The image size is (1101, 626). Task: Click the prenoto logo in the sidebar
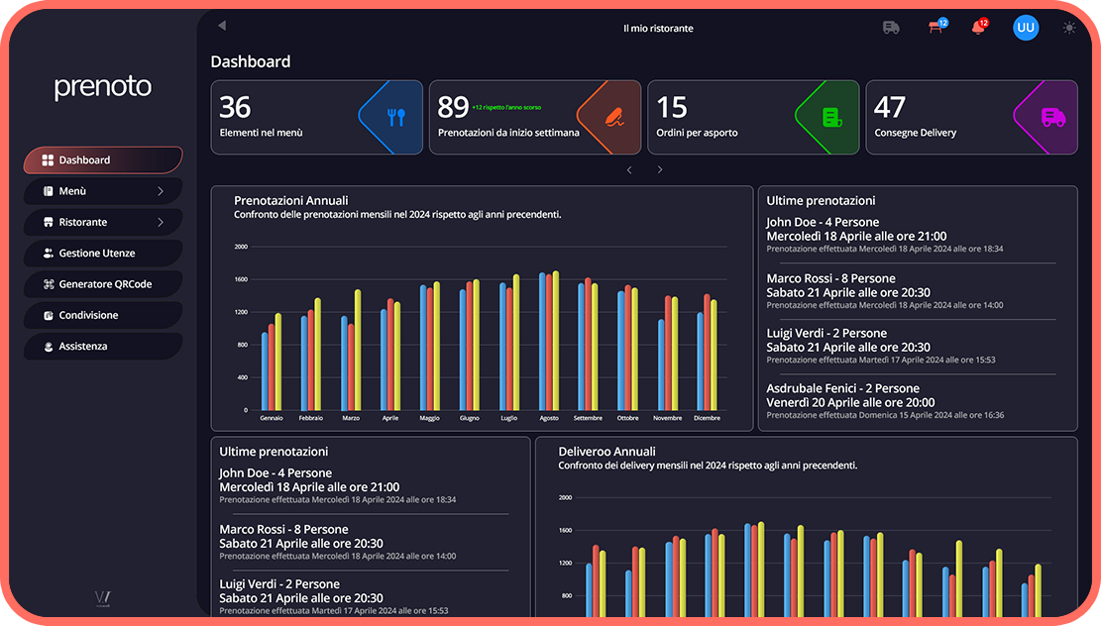[103, 87]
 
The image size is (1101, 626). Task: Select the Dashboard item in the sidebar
[103, 160]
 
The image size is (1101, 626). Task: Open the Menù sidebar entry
[103, 191]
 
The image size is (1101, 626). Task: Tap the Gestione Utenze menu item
[103, 254]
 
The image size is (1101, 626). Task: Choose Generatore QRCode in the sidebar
[103, 284]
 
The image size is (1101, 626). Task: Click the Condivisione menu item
[103, 315]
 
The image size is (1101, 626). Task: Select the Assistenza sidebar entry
[103, 347]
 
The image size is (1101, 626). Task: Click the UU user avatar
[1026, 28]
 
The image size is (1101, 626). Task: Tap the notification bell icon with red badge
[978, 28]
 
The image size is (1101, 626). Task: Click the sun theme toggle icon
[1069, 28]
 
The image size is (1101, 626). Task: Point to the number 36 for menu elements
[235, 107]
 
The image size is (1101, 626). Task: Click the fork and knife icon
[396, 118]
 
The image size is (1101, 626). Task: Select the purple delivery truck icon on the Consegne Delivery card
[1052, 118]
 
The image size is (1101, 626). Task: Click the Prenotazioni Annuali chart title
[290, 201]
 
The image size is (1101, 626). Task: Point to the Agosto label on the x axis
[548, 418]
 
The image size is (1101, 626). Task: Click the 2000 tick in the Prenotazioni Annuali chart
[240, 248]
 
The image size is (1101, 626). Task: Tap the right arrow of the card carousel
[660, 170]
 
